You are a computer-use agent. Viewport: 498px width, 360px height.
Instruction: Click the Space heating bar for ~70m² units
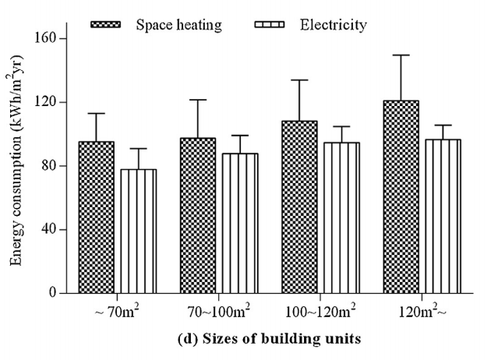click(x=96, y=217)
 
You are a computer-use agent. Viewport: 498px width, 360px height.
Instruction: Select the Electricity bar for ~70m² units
click(x=138, y=231)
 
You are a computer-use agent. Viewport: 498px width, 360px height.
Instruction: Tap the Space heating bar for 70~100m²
click(x=198, y=216)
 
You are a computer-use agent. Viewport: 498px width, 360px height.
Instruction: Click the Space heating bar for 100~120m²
click(x=300, y=207)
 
